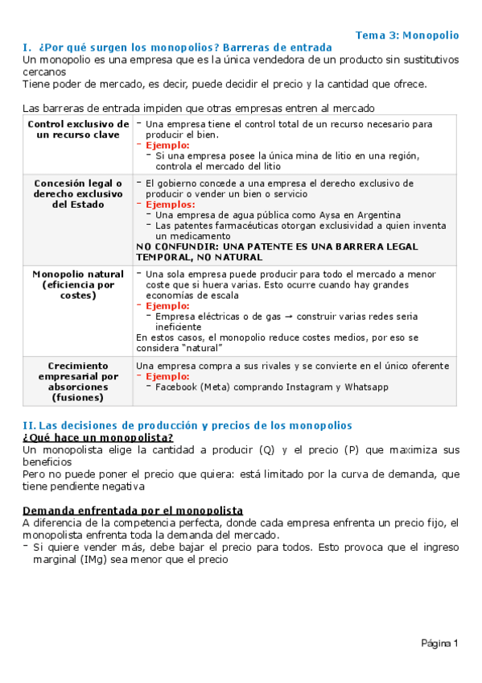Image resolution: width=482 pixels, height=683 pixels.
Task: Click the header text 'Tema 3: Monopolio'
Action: point(407,35)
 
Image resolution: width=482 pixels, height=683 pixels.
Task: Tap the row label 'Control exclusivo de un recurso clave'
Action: point(78,130)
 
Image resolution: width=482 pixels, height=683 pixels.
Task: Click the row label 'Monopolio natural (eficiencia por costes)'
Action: point(78,285)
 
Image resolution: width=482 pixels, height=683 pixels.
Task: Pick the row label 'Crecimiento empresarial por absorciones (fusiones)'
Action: point(78,382)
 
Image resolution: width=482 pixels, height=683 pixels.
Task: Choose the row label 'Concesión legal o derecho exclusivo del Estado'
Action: point(78,194)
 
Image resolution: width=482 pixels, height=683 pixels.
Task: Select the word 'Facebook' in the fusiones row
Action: point(177,387)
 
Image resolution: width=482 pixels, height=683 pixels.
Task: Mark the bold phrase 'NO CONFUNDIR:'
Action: point(174,246)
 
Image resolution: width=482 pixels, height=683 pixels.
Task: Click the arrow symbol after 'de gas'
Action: point(286,317)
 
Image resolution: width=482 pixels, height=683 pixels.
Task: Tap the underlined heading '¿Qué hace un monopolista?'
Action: point(98,437)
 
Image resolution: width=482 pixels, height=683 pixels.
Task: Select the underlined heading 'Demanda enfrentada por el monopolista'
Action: point(133,511)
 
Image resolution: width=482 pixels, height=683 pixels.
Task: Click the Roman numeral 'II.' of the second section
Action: point(30,425)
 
